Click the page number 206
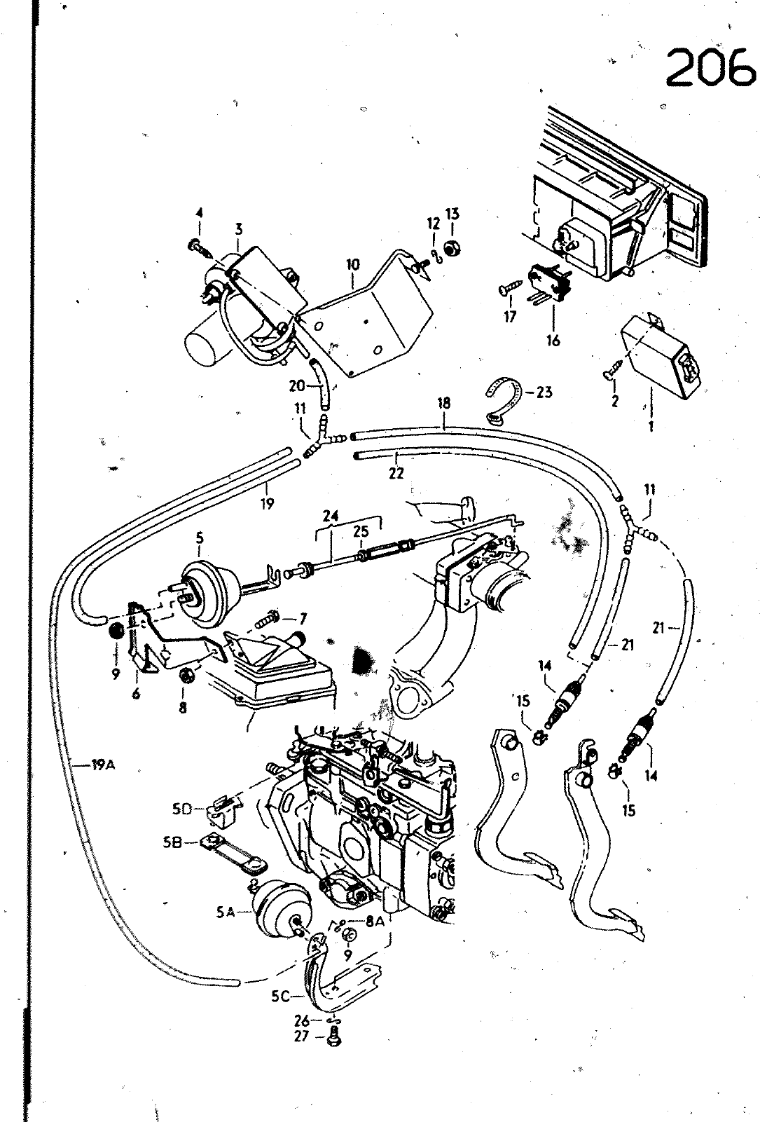click(709, 67)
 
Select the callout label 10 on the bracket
click(352, 264)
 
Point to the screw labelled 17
click(509, 289)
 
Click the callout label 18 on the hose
click(444, 403)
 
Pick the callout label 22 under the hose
click(396, 474)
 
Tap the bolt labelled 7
click(268, 620)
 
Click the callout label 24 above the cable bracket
click(331, 516)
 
